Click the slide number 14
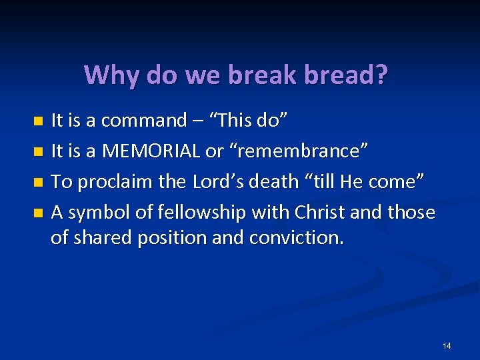(446, 345)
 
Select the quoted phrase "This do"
(249, 121)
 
